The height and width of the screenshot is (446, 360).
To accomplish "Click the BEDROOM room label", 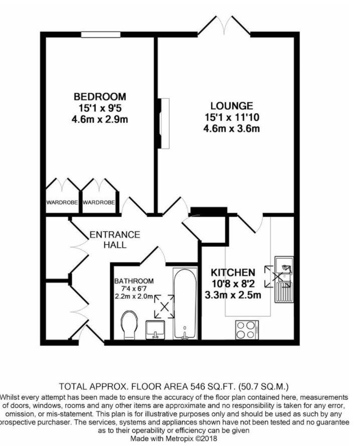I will click(x=100, y=96).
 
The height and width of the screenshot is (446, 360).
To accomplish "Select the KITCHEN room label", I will click(x=233, y=272).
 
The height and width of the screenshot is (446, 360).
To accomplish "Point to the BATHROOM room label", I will click(x=134, y=281).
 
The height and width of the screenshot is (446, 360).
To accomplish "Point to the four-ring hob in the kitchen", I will click(x=245, y=330).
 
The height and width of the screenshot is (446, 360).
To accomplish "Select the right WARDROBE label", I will click(x=99, y=203).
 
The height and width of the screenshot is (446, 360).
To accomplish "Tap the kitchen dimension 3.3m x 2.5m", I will click(x=233, y=294).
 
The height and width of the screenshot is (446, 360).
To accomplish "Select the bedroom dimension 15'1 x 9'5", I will click(x=100, y=107).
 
